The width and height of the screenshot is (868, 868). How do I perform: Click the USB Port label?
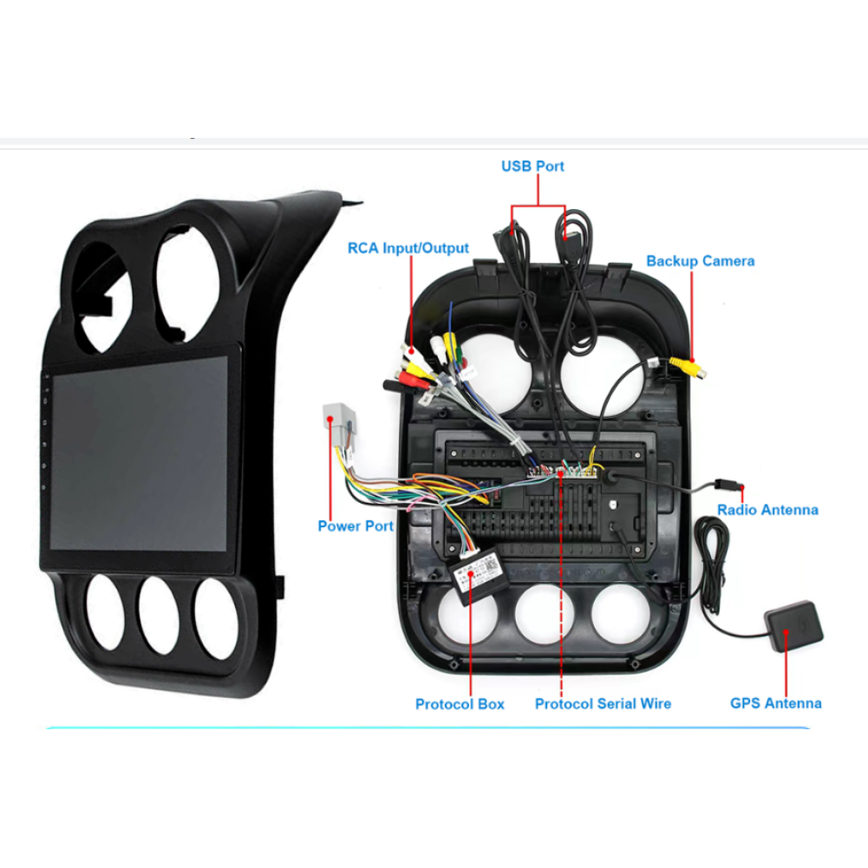532,166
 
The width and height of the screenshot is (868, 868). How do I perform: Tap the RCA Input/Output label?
408,248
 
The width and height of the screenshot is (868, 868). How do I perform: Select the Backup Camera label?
700,261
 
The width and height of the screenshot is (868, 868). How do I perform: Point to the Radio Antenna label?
767,510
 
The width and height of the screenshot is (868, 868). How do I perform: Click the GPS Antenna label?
775,703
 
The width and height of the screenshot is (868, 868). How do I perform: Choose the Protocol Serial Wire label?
603,703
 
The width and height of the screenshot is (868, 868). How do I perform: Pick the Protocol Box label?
460,703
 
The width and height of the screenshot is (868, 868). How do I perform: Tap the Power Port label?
356,525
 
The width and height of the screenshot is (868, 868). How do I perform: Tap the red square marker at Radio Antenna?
741,493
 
